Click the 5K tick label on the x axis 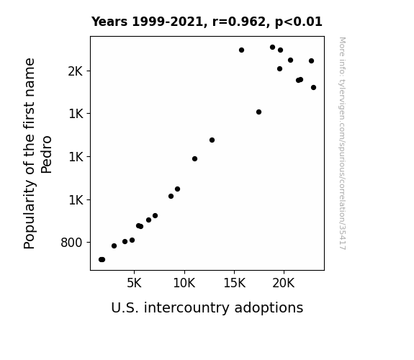pyautogui.click(x=134, y=283)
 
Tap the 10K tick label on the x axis pyautogui.click(x=184, y=283)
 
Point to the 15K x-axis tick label pyautogui.click(x=235, y=283)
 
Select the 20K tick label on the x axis pyautogui.click(x=284, y=283)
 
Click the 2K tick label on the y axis pyautogui.click(x=76, y=71)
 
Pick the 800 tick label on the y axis pyautogui.click(x=71, y=243)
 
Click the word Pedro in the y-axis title pyautogui.click(x=47, y=155)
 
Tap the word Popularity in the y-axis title pyautogui.click(x=30, y=215)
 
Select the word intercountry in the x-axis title pyautogui.click(x=187, y=307)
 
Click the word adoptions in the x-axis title pyautogui.click(x=269, y=308)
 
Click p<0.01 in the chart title pyautogui.click(x=299, y=22)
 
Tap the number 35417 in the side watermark pyautogui.click(x=342, y=237)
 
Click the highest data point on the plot pyautogui.click(x=272, y=48)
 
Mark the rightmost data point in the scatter pyautogui.click(x=313, y=87)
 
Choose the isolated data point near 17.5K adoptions pyautogui.click(x=258, y=112)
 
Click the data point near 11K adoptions pyautogui.click(x=194, y=158)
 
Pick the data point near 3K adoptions pyautogui.click(x=114, y=246)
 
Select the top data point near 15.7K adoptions pyautogui.click(x=241, y=50)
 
